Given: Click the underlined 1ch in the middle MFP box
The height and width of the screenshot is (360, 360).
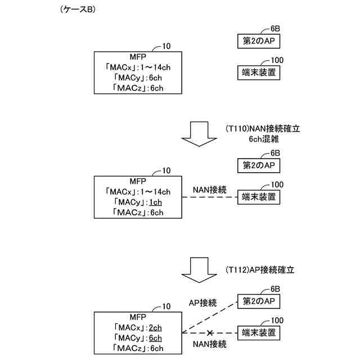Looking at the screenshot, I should [155, 202].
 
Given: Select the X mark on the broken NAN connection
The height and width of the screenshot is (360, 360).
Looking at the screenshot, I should [210, 334].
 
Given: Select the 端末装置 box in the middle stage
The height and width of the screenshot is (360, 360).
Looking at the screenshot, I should [258, 197].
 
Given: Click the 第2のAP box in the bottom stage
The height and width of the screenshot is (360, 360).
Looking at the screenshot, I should [258, 302].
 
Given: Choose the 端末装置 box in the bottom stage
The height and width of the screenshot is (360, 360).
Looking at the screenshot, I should [258, 333].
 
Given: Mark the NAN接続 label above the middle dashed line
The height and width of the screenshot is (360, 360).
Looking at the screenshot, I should [209, 190].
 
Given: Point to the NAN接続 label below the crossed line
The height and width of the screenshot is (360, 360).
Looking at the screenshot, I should [210, 344].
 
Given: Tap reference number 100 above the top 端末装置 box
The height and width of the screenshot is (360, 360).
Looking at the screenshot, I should [277, 60].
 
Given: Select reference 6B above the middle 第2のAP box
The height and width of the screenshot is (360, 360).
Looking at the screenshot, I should [274, 153].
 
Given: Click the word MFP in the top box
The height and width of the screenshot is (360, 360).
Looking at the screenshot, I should [138, 56].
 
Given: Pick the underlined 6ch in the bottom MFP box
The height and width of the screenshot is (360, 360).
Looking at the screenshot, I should [155, 338].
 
